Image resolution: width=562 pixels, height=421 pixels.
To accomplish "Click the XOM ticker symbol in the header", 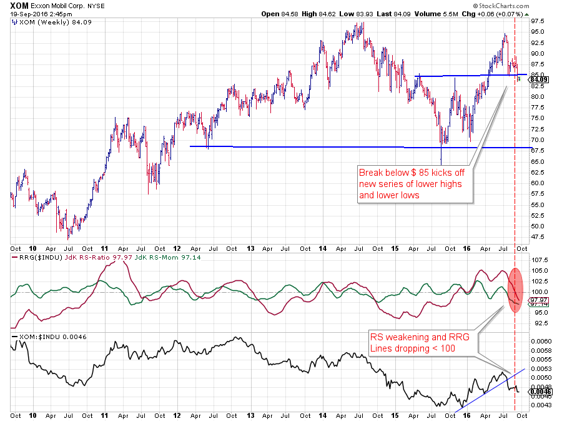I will tap(19, 6).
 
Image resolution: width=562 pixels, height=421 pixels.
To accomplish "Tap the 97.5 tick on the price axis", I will tap(538, 21).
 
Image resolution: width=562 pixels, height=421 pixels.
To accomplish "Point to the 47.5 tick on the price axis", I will tap(538, 236).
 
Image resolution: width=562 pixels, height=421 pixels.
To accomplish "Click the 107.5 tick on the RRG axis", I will tap(539, 260).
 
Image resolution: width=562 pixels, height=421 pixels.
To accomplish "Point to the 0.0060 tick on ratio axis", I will tap(540, 341).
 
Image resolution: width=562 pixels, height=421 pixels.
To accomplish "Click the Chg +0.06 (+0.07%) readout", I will tap(498, 14).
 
